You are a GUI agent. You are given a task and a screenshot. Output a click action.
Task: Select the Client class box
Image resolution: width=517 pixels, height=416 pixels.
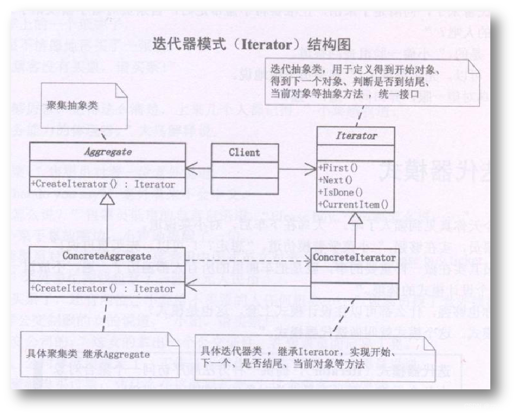pos(244,153)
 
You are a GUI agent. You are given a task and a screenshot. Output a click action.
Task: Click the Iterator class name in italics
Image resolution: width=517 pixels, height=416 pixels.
pos(356,136)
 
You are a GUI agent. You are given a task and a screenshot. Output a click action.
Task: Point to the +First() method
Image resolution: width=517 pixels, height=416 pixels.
pos(338,167)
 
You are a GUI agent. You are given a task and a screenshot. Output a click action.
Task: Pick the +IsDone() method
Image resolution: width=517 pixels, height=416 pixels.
pos(340,192)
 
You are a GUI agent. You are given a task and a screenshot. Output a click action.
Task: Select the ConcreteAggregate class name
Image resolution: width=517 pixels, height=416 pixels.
pos(107,256)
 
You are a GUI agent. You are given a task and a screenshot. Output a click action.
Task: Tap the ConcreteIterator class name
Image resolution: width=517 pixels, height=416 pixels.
pos(354,257)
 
